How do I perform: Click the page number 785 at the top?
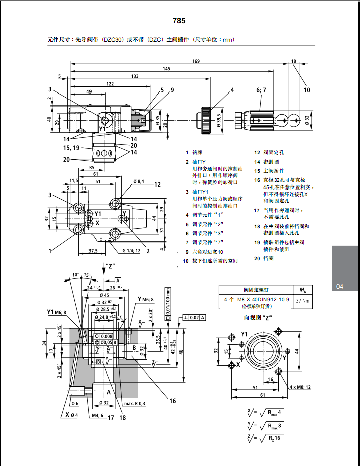[179, 21]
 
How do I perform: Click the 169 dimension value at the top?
[196, 61]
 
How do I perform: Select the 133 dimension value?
[135, 76]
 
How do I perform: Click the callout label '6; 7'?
[261, 90]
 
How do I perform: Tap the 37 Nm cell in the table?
[302, 300]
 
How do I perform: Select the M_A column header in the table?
[302, 289]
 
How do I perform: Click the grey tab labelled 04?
[339, 286]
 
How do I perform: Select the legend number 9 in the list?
[186, 252]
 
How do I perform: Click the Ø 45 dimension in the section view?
[105, 295]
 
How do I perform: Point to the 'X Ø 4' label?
[70, 415]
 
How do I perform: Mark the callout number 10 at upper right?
[307, 90]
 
